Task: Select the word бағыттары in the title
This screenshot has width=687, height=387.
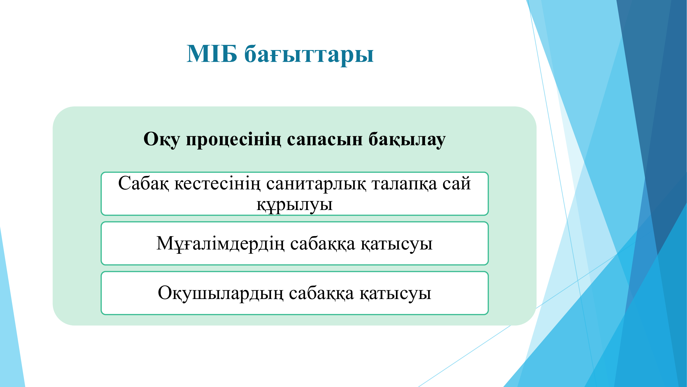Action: pyautogui.click(x=309, y=55)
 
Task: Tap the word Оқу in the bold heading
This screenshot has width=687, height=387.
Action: pyautogui.click(x=162, y=139)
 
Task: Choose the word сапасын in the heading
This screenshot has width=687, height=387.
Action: pyautogui.click(x=325, y=139)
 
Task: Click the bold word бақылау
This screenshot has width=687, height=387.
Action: pyautogui.click(x=407, y=139)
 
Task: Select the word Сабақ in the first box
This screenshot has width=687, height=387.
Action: pyautogui.click(x=143, y=183)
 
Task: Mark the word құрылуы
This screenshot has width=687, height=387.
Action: pyautogui.click(x=294, y=205)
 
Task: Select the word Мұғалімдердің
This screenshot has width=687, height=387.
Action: pyautogui.click(x=220, y=244)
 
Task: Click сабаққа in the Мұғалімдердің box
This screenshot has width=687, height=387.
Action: pyautogui.click(x=323, y=244)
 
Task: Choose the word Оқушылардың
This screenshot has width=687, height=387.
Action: pyautogui.click(x=220, y=294)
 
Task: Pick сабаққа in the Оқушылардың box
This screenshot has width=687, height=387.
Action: pyautogui.click(x=321, y=294)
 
